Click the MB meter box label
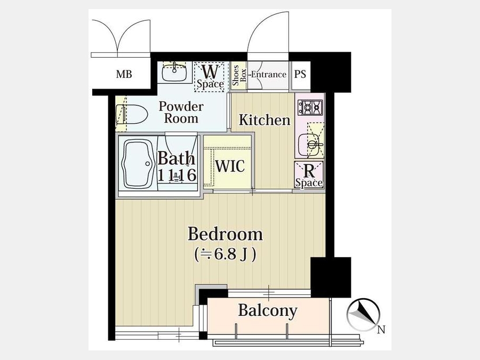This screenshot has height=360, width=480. coord(124,74)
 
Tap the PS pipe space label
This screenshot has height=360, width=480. coord(300,74)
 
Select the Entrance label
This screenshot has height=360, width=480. coord(268,74)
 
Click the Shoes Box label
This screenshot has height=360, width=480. coord(239,76)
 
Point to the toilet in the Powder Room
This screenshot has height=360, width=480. coord(132,115)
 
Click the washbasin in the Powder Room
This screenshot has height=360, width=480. coord(174,71)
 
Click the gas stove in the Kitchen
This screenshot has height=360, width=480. coord(310,108)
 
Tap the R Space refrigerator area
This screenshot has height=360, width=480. coord(309,175)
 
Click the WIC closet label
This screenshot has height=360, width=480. coord(230,166)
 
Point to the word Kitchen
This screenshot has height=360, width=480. coord(265,119)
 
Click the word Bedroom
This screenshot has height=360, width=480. coord(225,234)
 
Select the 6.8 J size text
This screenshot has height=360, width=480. coord(225,254)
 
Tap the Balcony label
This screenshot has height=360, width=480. coord(268,310)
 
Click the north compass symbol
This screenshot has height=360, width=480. coord(363,314)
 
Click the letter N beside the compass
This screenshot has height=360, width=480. coord(381,330)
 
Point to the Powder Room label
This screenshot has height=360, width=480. coord(181,113)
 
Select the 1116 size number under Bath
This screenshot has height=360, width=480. coord(177,175)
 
